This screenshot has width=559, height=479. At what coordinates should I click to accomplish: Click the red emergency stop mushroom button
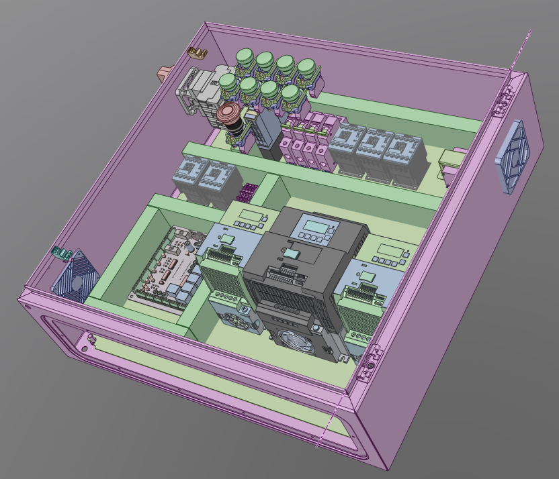228,113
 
